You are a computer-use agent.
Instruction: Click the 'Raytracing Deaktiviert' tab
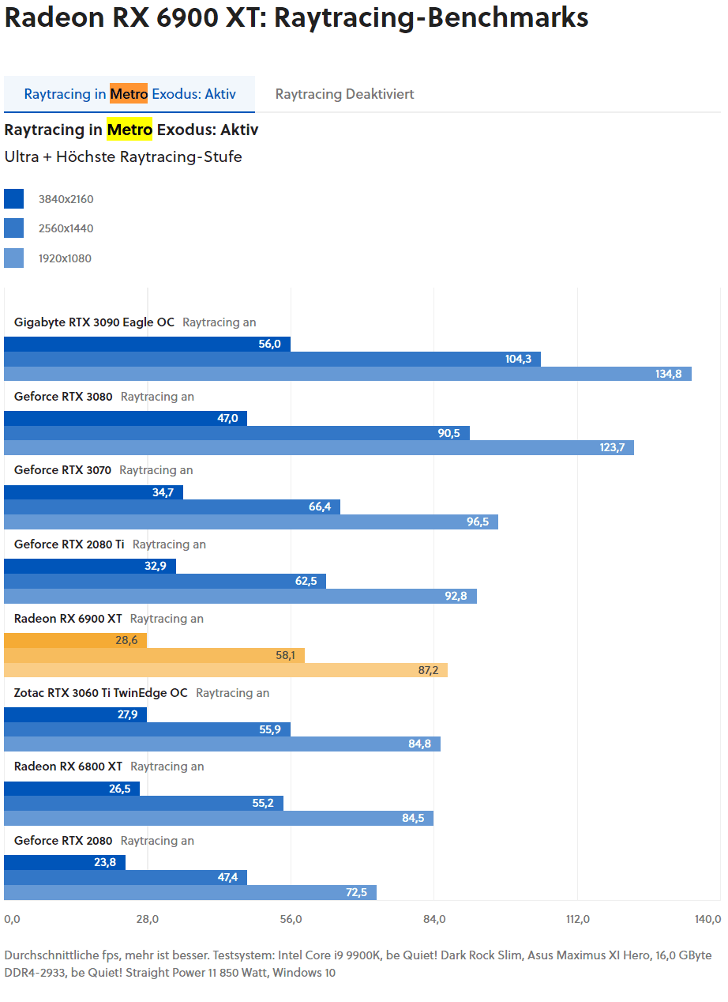[x=344, y=94]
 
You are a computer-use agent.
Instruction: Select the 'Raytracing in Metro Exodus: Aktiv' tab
[x=129, y=94]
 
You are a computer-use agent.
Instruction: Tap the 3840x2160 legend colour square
[x=13, y=199]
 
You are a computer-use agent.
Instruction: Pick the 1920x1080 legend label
[x=66, y=258]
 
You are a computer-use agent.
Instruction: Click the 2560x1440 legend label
[x=66, y=228]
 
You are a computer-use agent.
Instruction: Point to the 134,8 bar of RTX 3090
[x=347, y=374]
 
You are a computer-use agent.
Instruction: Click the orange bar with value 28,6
[x=75, y=640]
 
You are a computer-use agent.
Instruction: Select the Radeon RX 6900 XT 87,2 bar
[x=226, y=670]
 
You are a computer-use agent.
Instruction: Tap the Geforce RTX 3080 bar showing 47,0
[x=125, y=418]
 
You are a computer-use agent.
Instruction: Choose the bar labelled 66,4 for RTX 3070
[x=172, y=507]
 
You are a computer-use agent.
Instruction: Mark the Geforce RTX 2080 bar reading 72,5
[x=190, y=892]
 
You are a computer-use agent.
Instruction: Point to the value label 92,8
[x=456, y=596]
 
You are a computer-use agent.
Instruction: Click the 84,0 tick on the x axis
[x=434, y=919]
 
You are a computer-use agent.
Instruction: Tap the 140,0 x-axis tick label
[x=707, y=919]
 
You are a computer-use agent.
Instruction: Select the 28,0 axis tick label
[x=148, y=919]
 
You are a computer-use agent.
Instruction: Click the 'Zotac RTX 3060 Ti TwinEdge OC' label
[x=101, y=693]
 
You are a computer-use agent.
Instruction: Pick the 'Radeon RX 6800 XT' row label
[x=68, y=767]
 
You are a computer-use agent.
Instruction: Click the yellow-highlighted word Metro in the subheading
[x=129, y=130]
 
